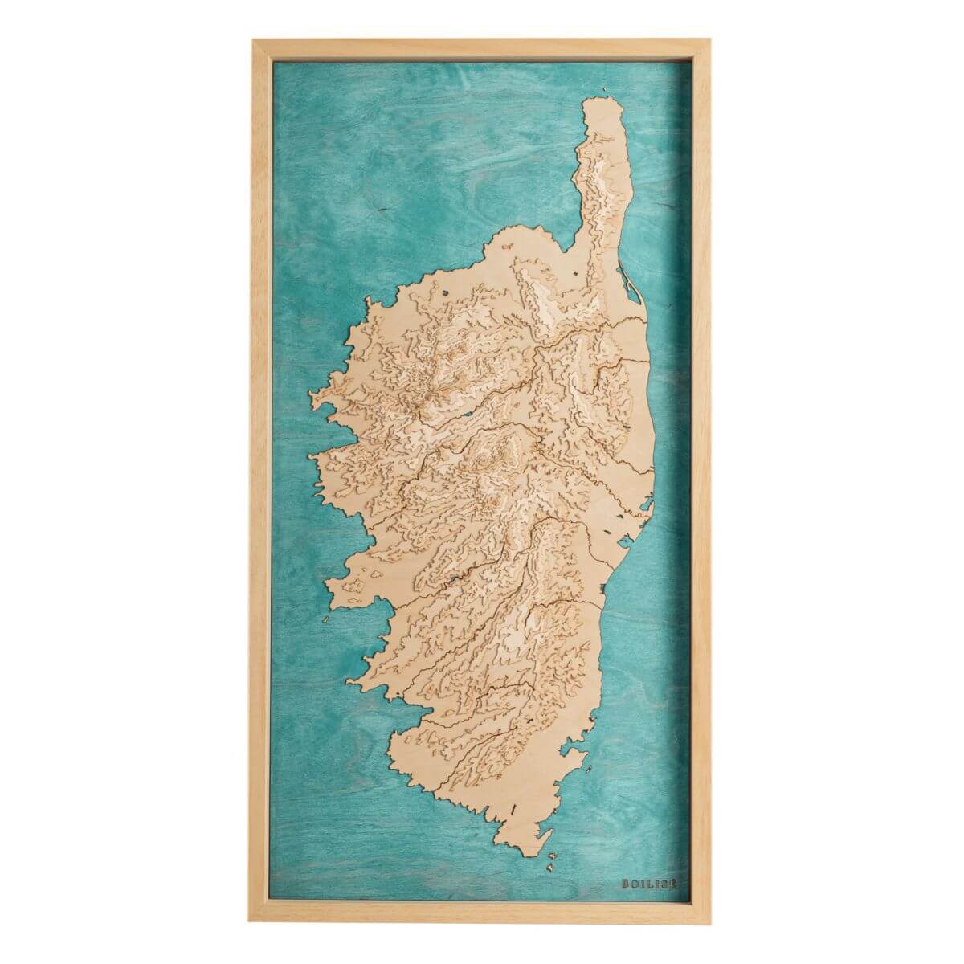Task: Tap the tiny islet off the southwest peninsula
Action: point(325,619)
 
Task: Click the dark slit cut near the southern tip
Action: point(512,805)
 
